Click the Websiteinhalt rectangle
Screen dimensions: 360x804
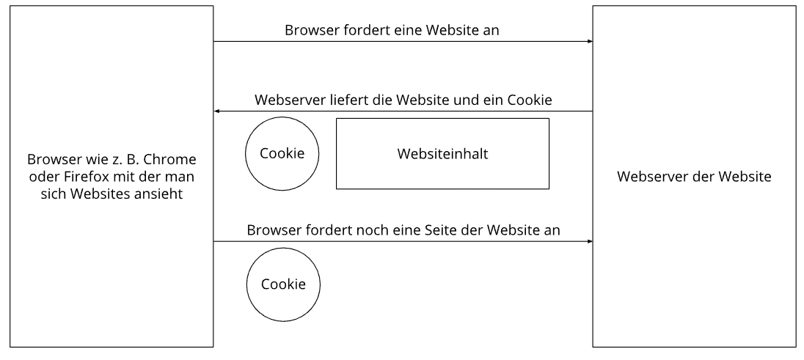442,154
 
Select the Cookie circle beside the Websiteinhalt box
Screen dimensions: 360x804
282,154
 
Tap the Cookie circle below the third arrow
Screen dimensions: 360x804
282,283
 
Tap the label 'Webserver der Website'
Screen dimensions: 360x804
694,177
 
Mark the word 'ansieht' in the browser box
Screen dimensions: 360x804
162,194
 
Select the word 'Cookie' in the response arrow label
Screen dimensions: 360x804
527,99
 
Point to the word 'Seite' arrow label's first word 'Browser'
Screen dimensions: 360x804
273,229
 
